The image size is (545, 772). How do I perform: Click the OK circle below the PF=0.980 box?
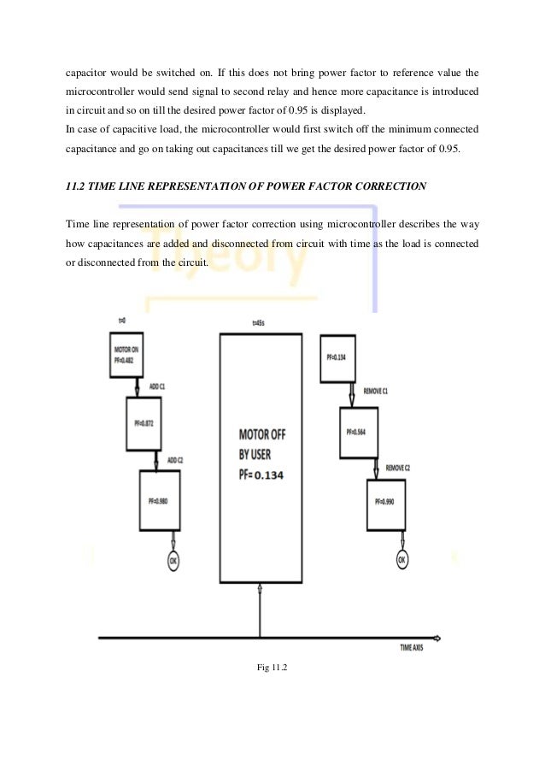(173, 562)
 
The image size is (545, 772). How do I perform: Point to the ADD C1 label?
(158, 387)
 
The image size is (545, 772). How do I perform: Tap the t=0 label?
(121, 320)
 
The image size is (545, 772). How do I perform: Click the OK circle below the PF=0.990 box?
(401, 560)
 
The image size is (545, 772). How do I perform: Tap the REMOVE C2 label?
(399, 468)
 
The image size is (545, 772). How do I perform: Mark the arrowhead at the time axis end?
(437, 638)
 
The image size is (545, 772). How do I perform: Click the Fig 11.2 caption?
(272, 680)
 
